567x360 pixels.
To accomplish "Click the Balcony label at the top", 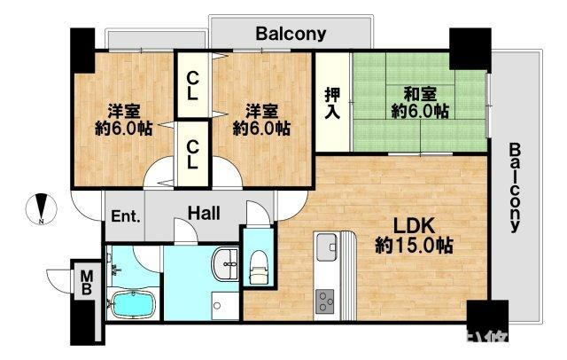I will click(291, 35).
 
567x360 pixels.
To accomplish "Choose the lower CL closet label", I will click(191, 154).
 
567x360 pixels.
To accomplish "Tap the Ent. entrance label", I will click(124, 215).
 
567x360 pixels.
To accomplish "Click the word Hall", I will click(204, 213).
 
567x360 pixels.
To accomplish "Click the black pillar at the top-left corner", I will click(82, 51).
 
